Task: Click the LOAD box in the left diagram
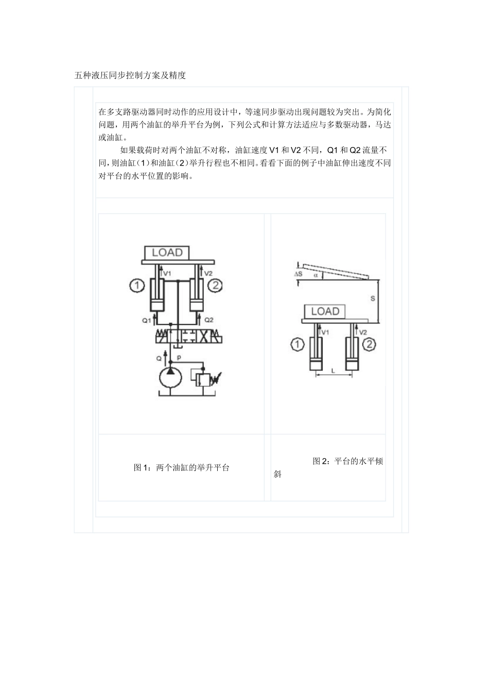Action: (x=167, y=252)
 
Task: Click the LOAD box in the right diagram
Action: (x=325, y=311)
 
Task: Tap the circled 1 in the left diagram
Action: (x=136, y=285)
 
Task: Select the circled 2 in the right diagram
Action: (x=369, y=344)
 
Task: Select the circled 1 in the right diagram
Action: (x=298, y=344)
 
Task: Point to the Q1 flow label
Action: (x=147, y=320)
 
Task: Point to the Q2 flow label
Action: (x=208, y=319)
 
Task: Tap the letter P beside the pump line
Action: (x=179, y=357)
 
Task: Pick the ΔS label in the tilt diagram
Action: (x=298, y=274)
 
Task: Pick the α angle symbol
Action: (x=315, y=275)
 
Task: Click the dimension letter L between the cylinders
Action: (x=333, y=371)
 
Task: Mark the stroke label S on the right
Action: (x=373, y=298)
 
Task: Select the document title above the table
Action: (x=130, y=76)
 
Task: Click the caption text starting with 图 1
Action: (x=181, y=468)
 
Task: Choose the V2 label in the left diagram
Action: (x=208, y=274)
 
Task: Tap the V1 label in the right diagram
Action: (x=325, y=333)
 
